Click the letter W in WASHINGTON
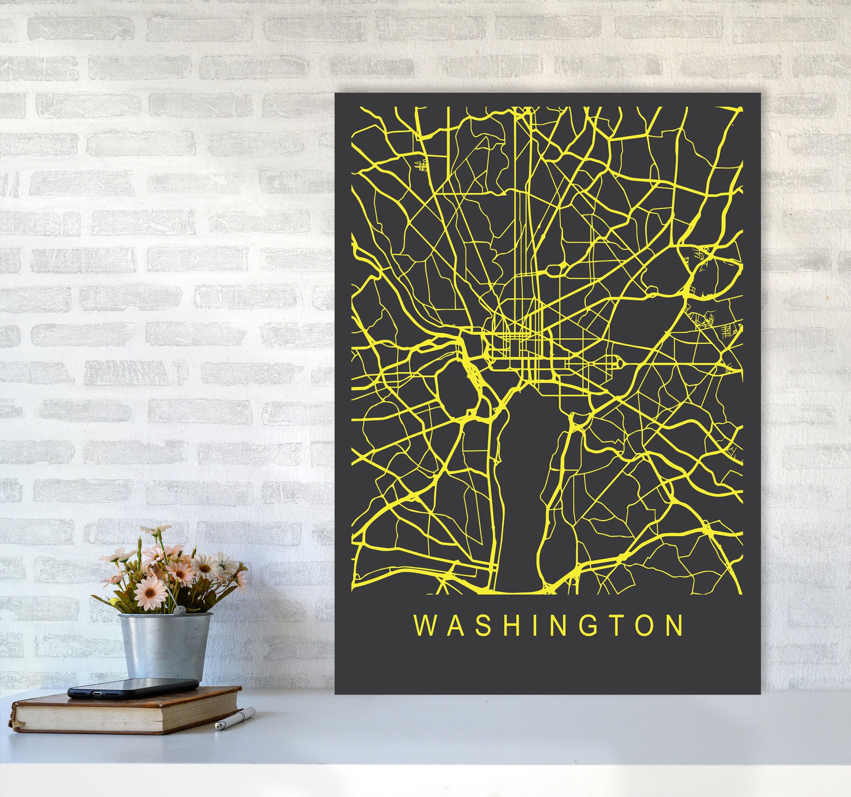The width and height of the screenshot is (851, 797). pos(424,626)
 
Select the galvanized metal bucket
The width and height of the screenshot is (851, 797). pos(166,647)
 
